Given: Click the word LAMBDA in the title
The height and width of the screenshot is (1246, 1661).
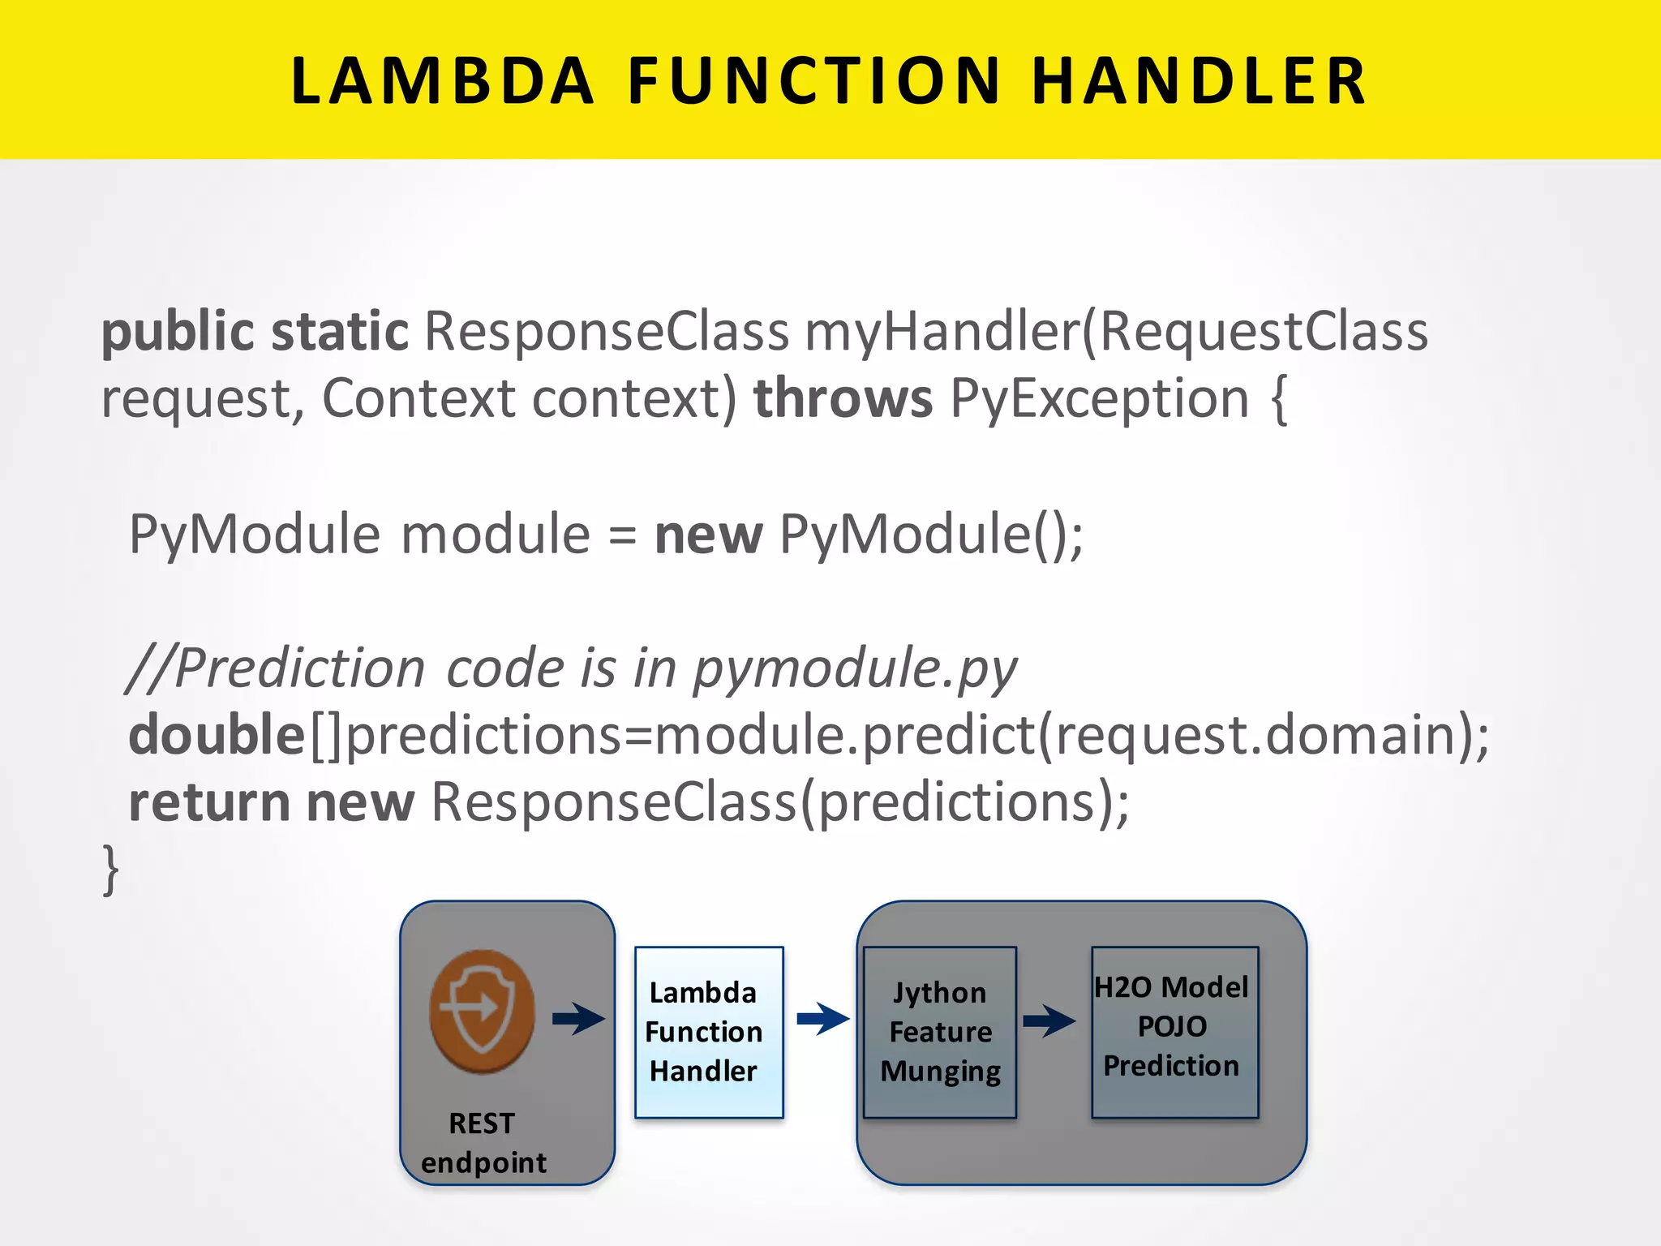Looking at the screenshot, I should (x=442, y=81).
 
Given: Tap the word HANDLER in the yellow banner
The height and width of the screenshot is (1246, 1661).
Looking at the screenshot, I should (x=1200, y=81).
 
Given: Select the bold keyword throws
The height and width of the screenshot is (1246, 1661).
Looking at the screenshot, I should (x=843, y=398).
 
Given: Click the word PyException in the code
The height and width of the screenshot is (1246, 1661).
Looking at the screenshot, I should (x=1099, y=400).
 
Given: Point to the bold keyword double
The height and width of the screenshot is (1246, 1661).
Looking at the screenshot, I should (x=217, y=735).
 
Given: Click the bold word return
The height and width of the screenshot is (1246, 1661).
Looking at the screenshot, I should (x=209, y=802).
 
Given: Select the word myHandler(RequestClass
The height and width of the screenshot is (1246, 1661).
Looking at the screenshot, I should (x=1116, y=333).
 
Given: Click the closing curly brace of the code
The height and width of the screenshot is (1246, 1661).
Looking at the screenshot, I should (x=111, y=870).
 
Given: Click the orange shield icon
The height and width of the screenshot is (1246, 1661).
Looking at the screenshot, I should (x=482, y=1011).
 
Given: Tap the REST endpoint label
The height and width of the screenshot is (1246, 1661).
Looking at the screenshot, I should (x=483, y=1142).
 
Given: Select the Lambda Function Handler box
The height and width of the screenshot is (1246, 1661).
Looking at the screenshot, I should (x=708, y=1032).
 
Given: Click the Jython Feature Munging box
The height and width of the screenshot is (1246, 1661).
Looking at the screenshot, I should (x=939, y=1032).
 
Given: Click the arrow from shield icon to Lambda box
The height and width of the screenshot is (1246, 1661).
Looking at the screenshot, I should (x=578, y=1019).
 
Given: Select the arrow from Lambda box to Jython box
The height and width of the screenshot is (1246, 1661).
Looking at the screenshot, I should (x=822, y=1019).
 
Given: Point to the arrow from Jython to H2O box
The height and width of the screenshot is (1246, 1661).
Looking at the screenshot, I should (x=1049, y=1020).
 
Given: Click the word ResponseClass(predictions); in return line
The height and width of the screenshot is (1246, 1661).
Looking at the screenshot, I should (x=779, y=802).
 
